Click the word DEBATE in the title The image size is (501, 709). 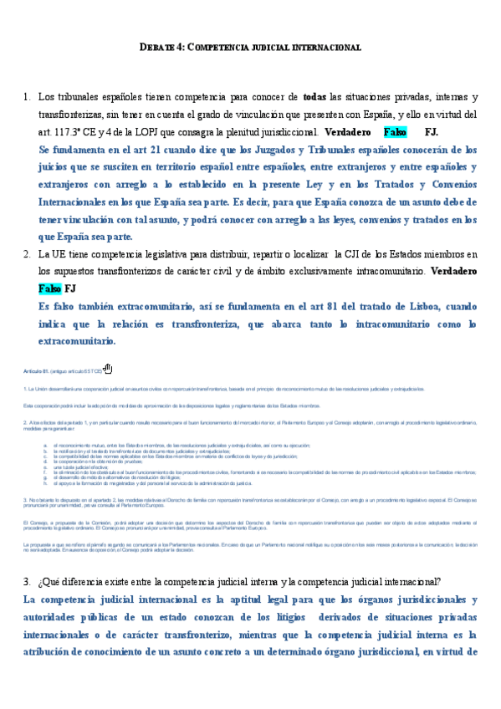(156, 48)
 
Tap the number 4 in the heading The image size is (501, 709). (180, 48)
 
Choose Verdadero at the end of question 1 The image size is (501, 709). (347, 132)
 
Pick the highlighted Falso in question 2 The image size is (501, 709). (49, 288)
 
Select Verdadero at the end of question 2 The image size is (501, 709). (453, 272)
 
